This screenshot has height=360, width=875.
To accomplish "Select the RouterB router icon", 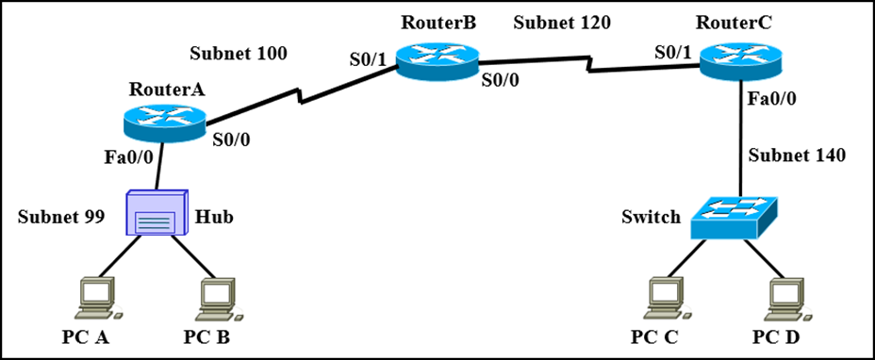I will [x=436, y=59].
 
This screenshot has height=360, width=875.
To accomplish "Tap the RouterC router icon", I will [x=740, y=59].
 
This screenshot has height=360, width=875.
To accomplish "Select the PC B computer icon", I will [x=218, y=297].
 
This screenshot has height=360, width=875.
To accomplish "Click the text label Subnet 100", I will [x=239, y=53].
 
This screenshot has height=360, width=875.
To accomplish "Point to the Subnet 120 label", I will [x=562, y=21].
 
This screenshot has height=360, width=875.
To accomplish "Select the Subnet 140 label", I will [x=797, y=155].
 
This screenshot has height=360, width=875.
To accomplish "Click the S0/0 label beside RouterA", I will [x=231, y=139].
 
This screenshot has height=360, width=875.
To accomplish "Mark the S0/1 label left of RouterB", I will [x=368, y=58].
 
